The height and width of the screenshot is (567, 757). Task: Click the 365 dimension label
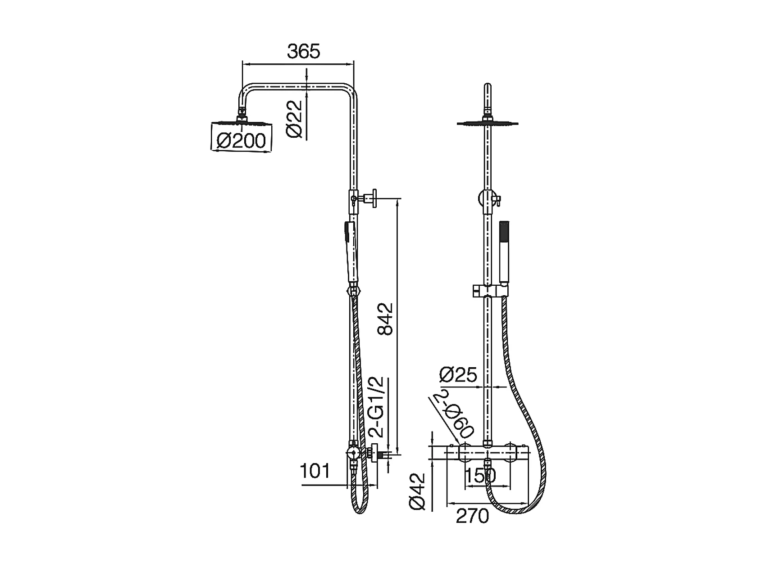click(x=304, y=52)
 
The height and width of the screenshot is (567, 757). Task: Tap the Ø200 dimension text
click(x=242, y=141)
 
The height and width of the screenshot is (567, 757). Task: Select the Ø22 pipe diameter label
click(x=294, y=119)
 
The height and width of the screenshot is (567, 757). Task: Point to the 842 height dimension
click(x=385, y=319)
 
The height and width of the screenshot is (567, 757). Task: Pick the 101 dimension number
click(x=315, y=471)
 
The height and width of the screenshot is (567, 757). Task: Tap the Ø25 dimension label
click(x=458, y=375)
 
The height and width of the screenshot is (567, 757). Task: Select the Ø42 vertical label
click(x=417, y=491)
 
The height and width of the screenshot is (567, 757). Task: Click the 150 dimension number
click(x=480, y=476)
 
